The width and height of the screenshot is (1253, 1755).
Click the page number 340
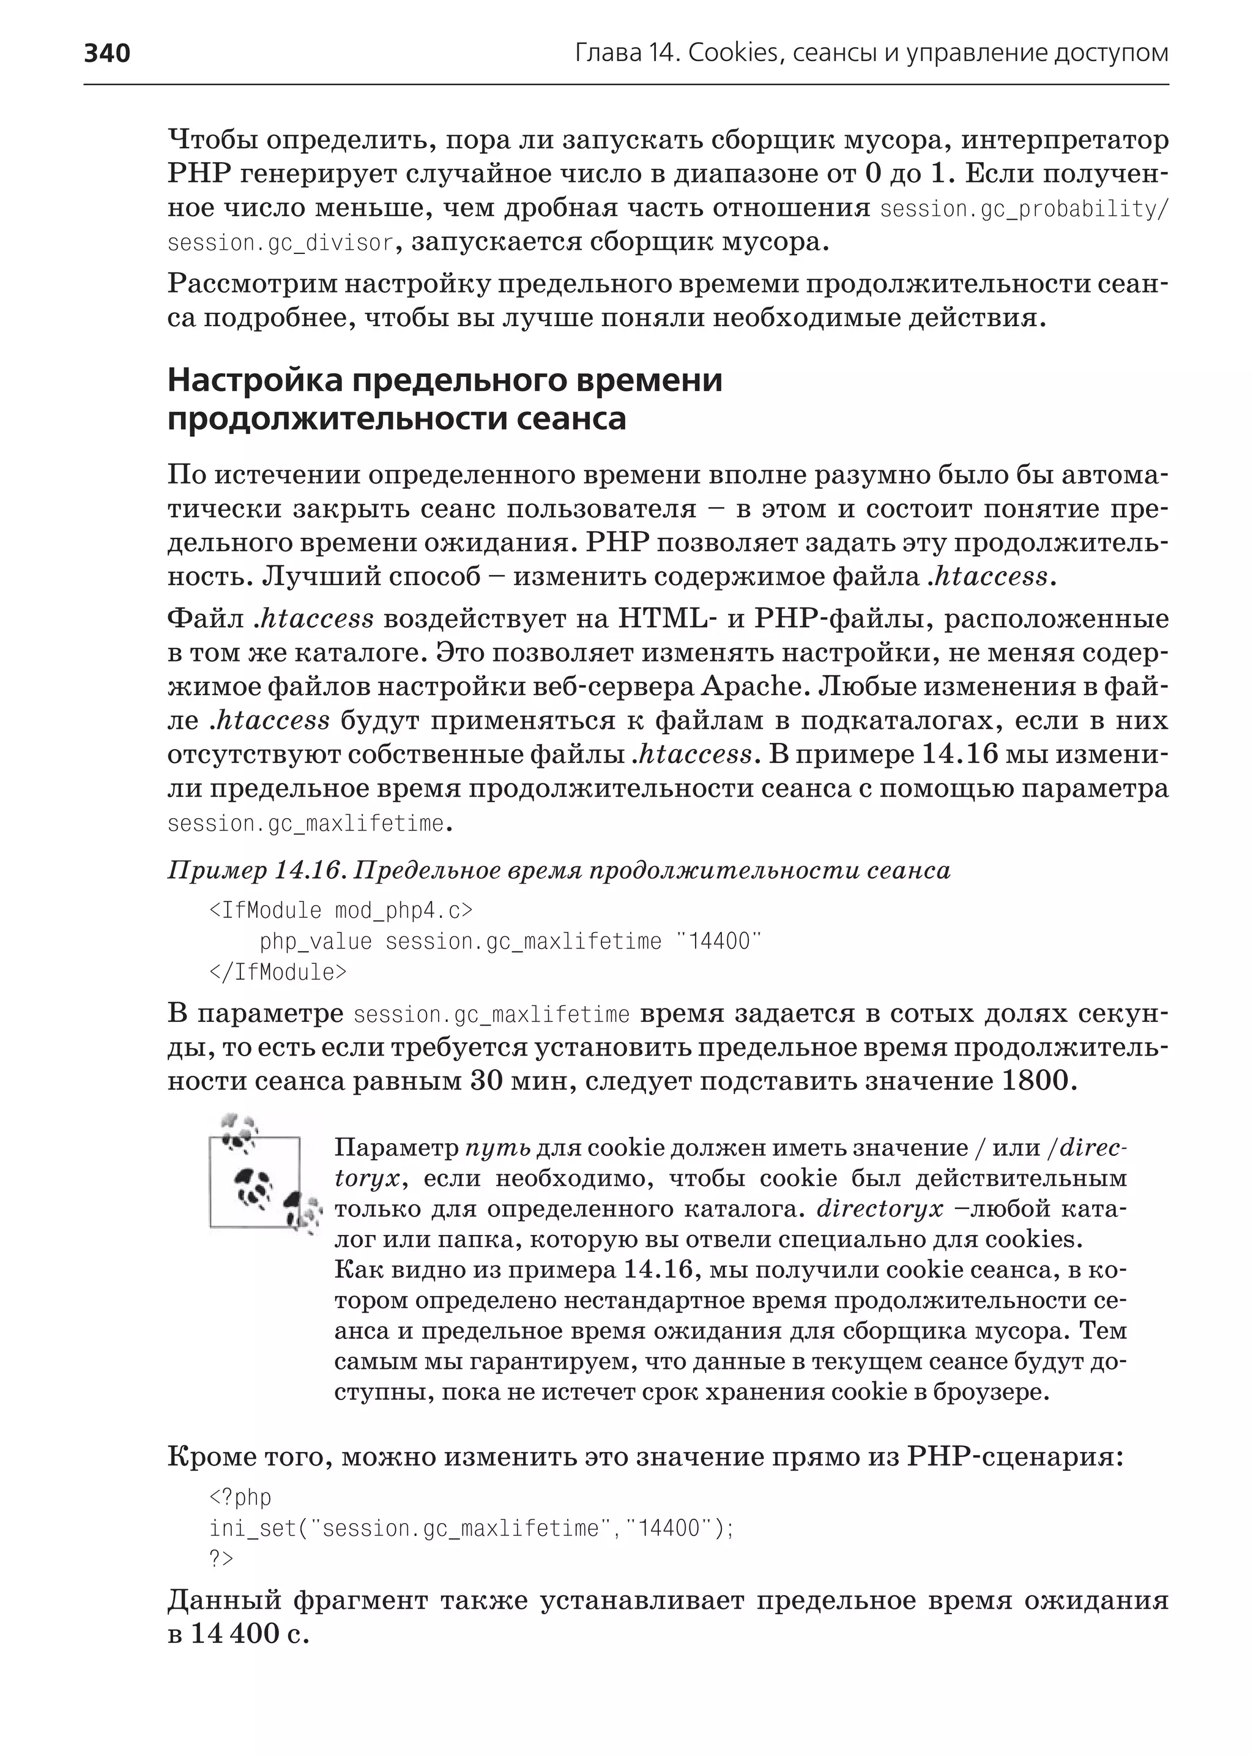(107, 53)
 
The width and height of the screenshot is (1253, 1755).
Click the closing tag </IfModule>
(278, 972)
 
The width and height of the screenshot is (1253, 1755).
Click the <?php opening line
(240, 1498)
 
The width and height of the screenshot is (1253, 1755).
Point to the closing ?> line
(221, 1560)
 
